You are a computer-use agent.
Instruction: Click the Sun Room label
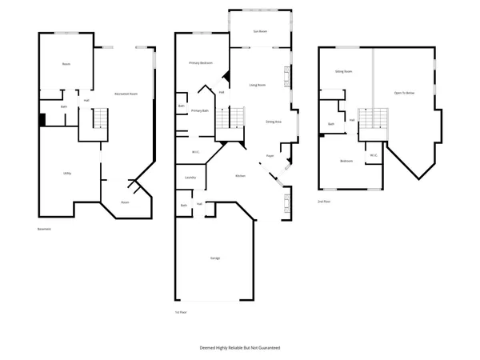tap(260, 32)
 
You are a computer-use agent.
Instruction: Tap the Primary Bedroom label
tap(201, 62)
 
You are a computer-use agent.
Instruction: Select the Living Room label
tap(258, 85)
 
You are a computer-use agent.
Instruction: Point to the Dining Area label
tap(274, 122)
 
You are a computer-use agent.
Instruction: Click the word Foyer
tap(270, 155)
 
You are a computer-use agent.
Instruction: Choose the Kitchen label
tap(240, 176)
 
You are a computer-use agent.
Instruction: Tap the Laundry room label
tap(190, 178)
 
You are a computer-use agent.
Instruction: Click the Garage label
tap(215, 258)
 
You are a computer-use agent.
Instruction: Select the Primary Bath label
tap(200, 111)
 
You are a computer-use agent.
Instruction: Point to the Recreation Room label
tap(126, 94)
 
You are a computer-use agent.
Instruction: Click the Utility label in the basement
tap(68, 173)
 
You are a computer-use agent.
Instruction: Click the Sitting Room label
tap(344, 71)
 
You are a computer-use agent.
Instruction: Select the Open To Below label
tap(404, 93)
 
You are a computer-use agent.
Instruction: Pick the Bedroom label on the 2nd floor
tap(346, 161)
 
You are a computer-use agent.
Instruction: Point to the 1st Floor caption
tap(181, 312)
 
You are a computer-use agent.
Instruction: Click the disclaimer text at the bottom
tap(240, 348)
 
